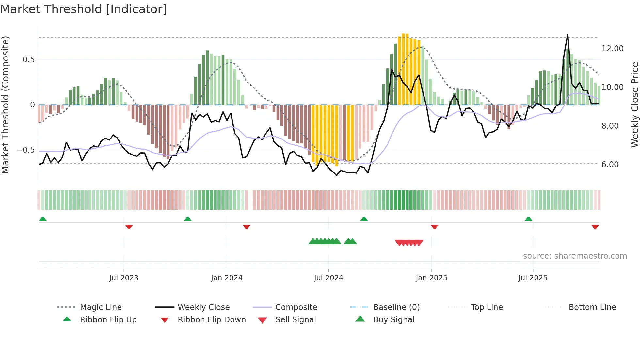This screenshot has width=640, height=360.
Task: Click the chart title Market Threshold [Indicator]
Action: tap(84, 9)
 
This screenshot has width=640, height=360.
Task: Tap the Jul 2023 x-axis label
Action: tap(124, 278)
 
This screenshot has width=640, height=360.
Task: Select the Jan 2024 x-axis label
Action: tap(227, 278)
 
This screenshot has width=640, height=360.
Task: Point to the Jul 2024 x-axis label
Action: tap(328, 278)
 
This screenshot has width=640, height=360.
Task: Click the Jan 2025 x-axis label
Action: tap(431, 278)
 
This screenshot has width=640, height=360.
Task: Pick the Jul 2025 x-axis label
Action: tap(533, 278)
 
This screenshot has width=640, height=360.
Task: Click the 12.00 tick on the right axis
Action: tap(612, 49)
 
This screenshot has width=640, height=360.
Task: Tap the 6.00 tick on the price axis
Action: tap(610, 165)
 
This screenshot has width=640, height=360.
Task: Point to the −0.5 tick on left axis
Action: tap(26, 150)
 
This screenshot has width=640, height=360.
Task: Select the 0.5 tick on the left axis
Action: tap(28, 60)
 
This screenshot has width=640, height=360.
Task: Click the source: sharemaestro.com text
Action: tap(575, 256)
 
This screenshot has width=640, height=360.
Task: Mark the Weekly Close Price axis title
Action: tap(634, 105)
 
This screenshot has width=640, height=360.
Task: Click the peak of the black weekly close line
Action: tap(568, 35)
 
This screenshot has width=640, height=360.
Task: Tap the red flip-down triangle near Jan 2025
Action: tap(434, 227)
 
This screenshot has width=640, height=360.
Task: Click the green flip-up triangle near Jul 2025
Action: tap(528, 219)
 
